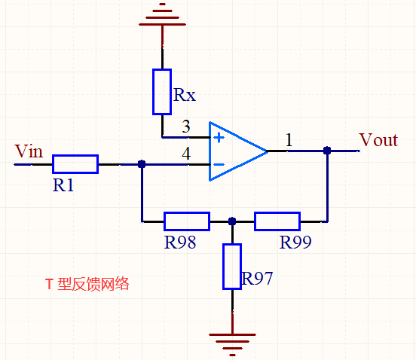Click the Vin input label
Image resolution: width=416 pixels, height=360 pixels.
[x=29, y=151]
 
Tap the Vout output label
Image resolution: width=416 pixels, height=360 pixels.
[x=378, y=140]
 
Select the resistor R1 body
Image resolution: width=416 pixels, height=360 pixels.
[x=75, y=163]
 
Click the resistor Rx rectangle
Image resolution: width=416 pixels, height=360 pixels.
[x=162, y=92]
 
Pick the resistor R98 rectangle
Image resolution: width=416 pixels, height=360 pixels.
[x=187, y=221]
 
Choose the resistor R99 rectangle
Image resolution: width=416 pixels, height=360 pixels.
[x=277, y=221]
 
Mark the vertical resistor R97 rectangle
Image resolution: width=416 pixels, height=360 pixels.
[x=232, y=267]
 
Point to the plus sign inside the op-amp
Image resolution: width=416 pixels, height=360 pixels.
[x=219, y=138]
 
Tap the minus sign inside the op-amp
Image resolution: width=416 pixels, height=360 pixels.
[x=219, y=163]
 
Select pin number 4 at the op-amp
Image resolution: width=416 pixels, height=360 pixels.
[x=186, y=153]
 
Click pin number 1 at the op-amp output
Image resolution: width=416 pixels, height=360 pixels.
[x=289, y=139]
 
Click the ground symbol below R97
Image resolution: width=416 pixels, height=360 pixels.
[x=232, y=343]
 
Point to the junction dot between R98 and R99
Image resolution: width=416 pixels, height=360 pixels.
[x=232, y=221]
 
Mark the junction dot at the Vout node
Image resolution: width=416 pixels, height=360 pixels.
[x=327, y=151]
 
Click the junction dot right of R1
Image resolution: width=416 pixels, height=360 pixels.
[x=142, y=163]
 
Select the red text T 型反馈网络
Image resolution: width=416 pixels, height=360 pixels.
[x=87, y=284]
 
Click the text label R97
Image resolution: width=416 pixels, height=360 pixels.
[x=258, y=279]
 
